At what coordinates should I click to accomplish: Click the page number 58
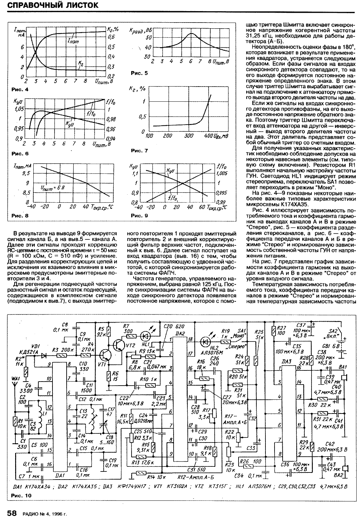[12, 513]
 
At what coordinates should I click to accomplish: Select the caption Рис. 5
[139, 73]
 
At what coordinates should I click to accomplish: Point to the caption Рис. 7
[139, 151]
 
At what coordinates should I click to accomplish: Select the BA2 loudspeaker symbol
[346, 468]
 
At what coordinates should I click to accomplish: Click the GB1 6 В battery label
[337, 346]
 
